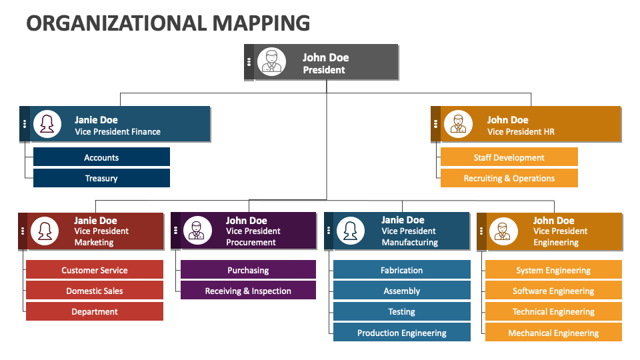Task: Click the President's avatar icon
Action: [x=271, y=62]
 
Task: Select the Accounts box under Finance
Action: [x=101, y=157]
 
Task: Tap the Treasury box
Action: [x=101, y=178]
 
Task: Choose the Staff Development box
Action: [x=509, y=157]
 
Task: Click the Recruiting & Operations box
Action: [x=509, y=178]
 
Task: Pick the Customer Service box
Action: [x=95, y=270]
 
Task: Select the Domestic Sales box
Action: [x=95, y=291]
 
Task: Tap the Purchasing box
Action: [x=248, y=270]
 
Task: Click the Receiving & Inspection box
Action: [x=248, y=291]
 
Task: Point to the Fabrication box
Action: [x=401, y=270]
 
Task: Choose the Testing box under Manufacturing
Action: [x=401, y=311]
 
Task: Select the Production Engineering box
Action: [x=401, y=333]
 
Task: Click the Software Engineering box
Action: [x=553, y=291]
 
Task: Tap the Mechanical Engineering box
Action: [x=553, y=333]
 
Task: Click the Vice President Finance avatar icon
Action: [x=47, y=124]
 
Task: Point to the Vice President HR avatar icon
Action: [x=458, y=124]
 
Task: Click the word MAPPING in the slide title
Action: [x=261, y=23]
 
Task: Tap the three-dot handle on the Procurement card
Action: [x=175, y=231]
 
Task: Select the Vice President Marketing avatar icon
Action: [x=45, y=231]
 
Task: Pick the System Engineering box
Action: [x=553, y=270]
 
